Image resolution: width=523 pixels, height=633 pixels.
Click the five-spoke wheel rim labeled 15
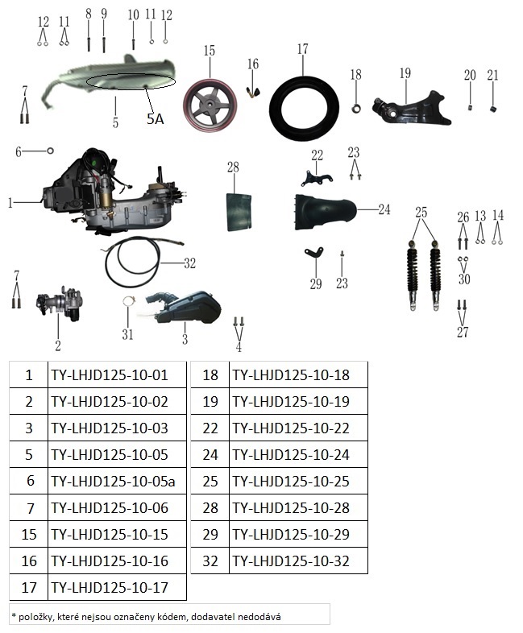click(210, 105)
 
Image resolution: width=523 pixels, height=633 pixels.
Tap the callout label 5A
click(155, 119)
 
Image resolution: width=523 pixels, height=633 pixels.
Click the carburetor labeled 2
click(60, 304)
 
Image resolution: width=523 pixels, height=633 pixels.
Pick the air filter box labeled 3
click(184, 308)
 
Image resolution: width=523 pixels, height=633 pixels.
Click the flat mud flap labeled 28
click(239, 212)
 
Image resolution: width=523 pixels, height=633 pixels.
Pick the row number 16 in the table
click(29, 561)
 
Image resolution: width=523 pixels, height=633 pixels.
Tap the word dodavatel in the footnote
click(213, 617)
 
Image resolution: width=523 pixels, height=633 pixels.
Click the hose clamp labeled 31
click(128, 301)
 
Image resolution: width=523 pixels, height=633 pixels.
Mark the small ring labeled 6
click(51, 151)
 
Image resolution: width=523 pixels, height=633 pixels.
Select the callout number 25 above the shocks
click(421, 212)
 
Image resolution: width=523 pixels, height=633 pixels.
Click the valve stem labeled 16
click(253, 93)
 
